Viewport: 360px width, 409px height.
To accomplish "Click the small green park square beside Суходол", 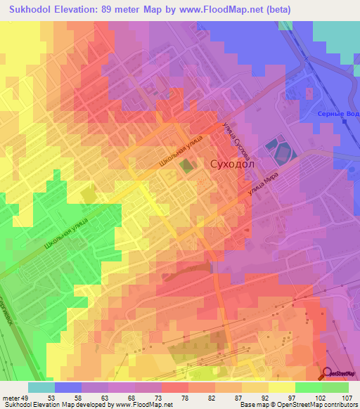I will click(x=186, y=166).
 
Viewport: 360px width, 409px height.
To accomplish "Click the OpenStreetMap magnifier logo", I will click(x=328, y=375).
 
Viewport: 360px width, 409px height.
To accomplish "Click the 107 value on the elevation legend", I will click(x=347, y=396).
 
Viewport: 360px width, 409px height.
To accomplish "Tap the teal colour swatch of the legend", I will click(x=41, y=387).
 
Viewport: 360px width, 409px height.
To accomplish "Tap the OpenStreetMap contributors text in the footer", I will click(x=323, y=405).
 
